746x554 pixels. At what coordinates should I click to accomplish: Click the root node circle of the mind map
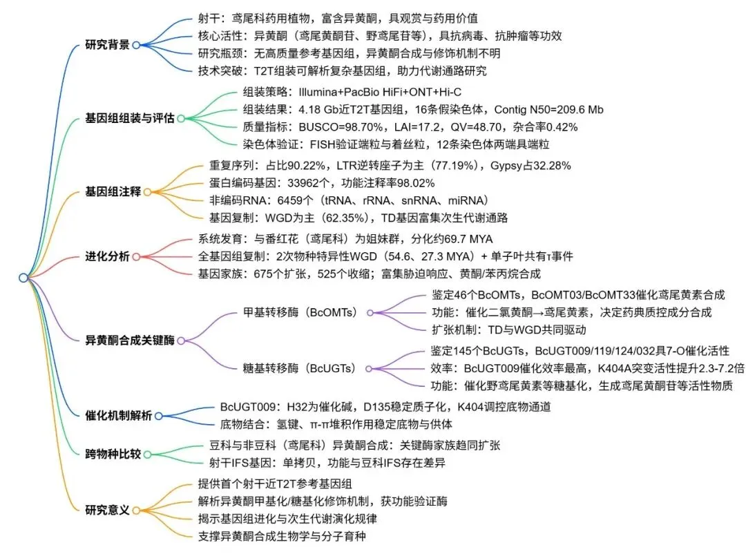coord(23,278)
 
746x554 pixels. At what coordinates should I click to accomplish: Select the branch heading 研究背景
coord(107,45)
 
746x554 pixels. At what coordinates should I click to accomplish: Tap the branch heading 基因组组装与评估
coord(129,118)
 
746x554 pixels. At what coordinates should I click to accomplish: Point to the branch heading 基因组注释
coord(113,192)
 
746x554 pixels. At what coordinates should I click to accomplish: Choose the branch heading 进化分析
coord(107,256)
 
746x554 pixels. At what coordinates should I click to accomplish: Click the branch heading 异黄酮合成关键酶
coord(129,340)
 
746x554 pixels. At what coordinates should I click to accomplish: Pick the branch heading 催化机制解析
coord(118,416)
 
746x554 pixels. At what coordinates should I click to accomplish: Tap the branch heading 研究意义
coord(107,510)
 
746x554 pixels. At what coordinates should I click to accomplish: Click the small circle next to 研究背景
coord(136,45)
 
